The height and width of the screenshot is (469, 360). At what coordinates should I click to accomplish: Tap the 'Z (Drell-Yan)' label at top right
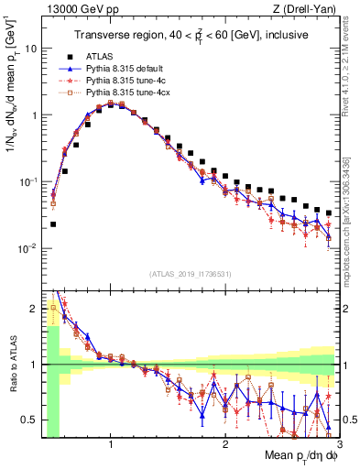(x=307, y=8)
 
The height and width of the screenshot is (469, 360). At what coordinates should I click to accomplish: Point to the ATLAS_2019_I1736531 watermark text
(x=191, y=274)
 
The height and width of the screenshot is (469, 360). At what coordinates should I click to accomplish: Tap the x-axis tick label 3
(x=339, y=444)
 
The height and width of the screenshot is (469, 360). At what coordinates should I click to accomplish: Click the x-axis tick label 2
(x=224, y=444)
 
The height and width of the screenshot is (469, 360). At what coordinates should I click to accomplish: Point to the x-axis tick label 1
(x=111, y=444)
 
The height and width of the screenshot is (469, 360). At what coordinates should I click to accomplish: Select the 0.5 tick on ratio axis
(x=32, y=420)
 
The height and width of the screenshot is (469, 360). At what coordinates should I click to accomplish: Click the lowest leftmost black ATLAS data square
(x=53, y=224)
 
